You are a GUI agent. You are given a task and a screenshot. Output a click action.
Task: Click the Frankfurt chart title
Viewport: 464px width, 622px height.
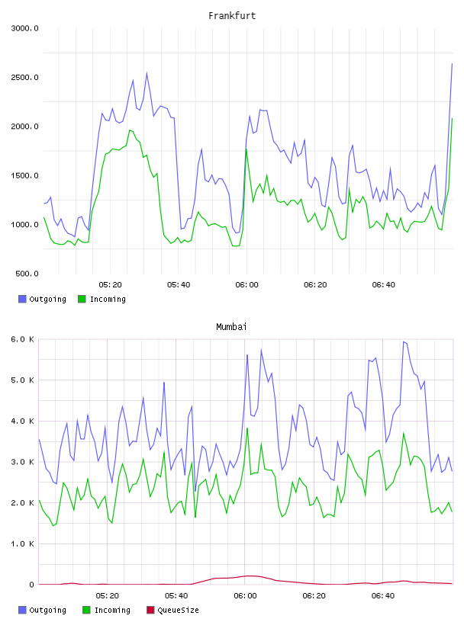[232, 16]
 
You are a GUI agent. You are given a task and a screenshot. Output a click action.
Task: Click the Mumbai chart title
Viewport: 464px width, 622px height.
[231, 327]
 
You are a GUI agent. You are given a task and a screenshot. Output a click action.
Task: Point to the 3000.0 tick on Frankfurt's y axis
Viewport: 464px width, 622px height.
[24, 28]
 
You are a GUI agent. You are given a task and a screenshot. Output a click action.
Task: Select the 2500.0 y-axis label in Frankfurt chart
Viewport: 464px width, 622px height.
[24, 77]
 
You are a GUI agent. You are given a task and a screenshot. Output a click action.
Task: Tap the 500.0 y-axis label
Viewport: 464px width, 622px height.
[27, 274]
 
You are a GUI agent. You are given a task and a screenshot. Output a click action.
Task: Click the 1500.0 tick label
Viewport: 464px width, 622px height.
[24, 176]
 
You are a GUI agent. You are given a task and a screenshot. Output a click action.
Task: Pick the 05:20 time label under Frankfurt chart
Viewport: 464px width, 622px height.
[110, 285]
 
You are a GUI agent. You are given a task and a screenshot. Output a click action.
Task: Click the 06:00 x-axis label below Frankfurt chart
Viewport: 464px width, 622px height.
[246, 285]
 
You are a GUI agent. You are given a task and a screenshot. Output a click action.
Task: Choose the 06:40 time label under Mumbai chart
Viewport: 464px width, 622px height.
[383, 596]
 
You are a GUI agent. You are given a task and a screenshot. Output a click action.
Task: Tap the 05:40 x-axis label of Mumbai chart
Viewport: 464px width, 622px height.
[176, 596]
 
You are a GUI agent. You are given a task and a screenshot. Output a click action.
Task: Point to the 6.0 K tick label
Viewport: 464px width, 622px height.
[23, 339]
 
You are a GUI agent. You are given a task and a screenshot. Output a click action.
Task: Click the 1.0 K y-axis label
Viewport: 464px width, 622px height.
[23, 543]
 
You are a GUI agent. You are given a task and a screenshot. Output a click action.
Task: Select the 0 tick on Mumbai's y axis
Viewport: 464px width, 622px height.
[32, 585]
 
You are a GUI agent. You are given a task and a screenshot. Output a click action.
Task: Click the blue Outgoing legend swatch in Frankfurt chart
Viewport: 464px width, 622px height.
[22, 299]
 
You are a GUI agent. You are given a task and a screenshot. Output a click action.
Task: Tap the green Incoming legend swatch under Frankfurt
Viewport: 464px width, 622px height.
[82, 299]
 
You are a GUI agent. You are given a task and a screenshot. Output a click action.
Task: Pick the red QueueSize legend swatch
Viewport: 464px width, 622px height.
[150, 610]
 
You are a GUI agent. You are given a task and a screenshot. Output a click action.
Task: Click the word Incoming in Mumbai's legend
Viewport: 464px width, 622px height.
[112, 610]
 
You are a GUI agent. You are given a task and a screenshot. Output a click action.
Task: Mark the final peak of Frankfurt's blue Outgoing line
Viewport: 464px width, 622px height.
[452, 63]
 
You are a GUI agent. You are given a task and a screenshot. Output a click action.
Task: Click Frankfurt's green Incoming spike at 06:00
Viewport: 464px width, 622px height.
[246, 149]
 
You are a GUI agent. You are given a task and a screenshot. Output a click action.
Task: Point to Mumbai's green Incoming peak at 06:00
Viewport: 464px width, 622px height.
[247, 428]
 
